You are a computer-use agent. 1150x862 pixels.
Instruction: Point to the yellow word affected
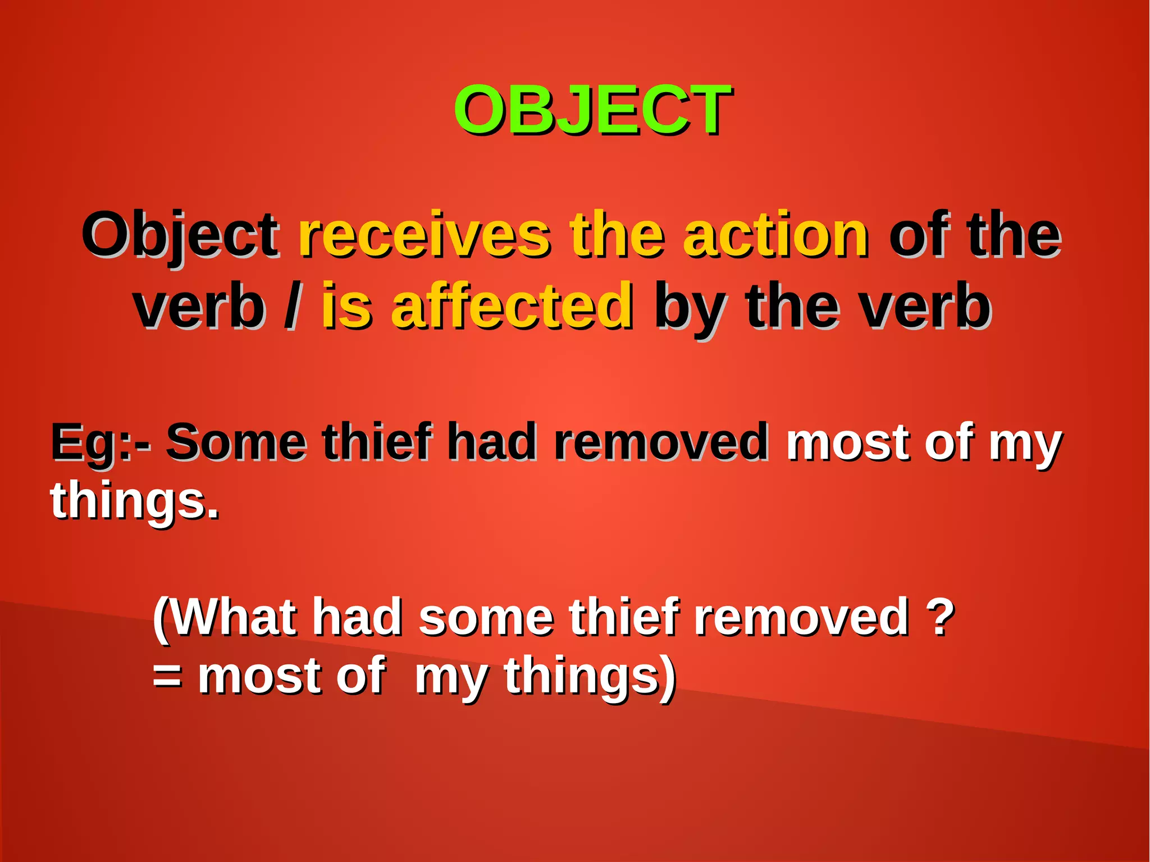point(511,307)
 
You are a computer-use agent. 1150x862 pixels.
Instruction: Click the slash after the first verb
point(291,307)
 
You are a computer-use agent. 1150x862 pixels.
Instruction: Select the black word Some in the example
point(236,442)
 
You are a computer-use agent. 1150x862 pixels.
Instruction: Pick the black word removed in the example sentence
point(660,442)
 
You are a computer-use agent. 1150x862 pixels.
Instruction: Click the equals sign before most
point(167,676)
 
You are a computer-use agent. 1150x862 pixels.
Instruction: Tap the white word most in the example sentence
point(848,442)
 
